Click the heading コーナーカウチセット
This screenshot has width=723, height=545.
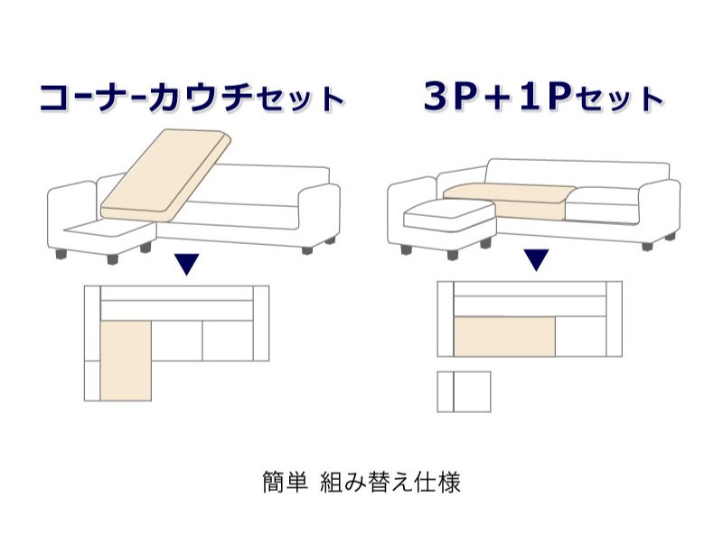pyautogui.click(x=192, y=98)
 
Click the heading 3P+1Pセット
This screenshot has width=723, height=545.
pyautogui.click(x=544, y=97)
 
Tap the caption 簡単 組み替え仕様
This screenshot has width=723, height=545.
pyautogui.click(x=361, y=483)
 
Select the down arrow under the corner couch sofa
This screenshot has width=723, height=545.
pyautogui.click(x=186, y=264)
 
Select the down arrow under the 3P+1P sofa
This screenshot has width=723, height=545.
pyautogui.click(x=536, y=259)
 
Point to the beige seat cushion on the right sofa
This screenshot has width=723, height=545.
pyautogui.click(x=510, y=201)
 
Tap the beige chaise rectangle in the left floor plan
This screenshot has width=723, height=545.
pyautogui.click(x=126, y=361)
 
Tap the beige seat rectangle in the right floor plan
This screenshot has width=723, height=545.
pyautogui.click(x=504, y=336)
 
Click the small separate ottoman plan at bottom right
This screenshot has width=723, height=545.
pyautogui.click(x=464, y=391)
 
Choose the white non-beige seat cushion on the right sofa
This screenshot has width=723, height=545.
pyautogui.click(x=602, y=205)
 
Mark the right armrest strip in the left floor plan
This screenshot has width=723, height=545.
pyautogui.click(x=261, y=324)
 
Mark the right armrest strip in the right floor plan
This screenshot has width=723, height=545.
pyautogui.click(x=614, y=319)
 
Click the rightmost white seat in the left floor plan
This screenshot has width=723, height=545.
pyautogui.click(x=228, y=341)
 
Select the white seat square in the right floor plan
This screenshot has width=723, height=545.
pyautogui.click(x=580, y=336)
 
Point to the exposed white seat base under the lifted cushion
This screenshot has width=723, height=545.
pyautogui.click(x=108, y=229)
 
